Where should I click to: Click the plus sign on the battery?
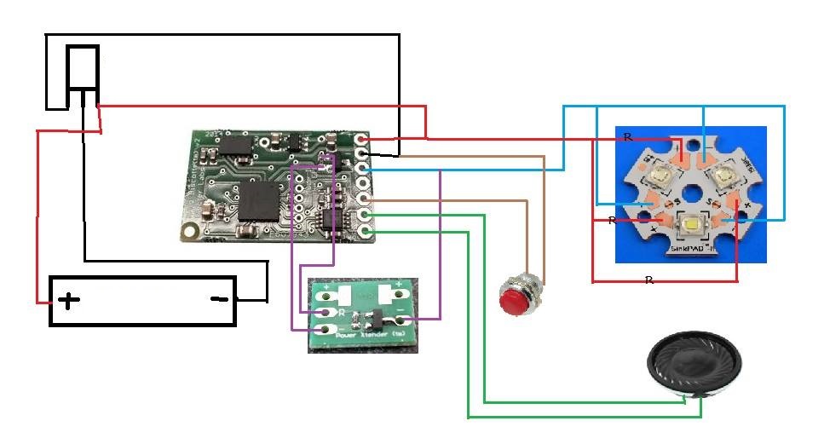click(68, 300)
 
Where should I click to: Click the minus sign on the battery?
click(219, 299)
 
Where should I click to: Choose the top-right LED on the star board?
click(723, 176)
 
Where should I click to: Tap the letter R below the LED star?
click(648, 280)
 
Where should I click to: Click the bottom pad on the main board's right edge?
click(366, 231)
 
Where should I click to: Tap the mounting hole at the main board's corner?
click(189, 230)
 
